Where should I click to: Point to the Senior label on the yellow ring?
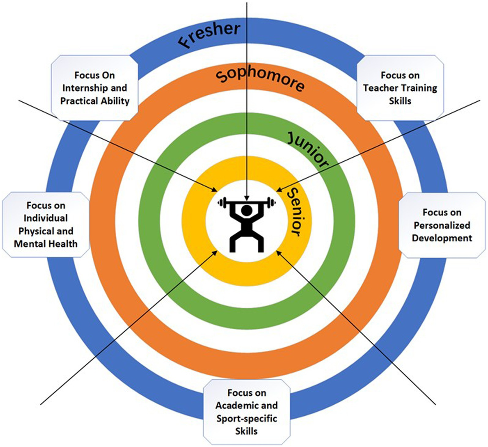pyautogui.click(x=296, y=212)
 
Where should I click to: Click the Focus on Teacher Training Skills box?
pyautogui.click(x=400, y=88)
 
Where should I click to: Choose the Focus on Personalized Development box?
pyautogui.click(x=442, y=225)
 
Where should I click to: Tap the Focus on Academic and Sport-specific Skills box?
pyautogui.click(x=246, y=412)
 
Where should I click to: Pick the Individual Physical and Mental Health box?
pyautogui.click(x=46, y=225)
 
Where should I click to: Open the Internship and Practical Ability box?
pyautogui.click(x=94, y=88)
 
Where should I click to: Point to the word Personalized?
pyautogui.click(x=442, y=225)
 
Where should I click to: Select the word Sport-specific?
pyautogui.click(x=246, y=418)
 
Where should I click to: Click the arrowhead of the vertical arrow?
pyautogui.click(x=247, y=198)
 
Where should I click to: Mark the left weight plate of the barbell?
pyautogui.click(x=222, y=202)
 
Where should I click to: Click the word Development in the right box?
pyautogui.click(x=442, y=238)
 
